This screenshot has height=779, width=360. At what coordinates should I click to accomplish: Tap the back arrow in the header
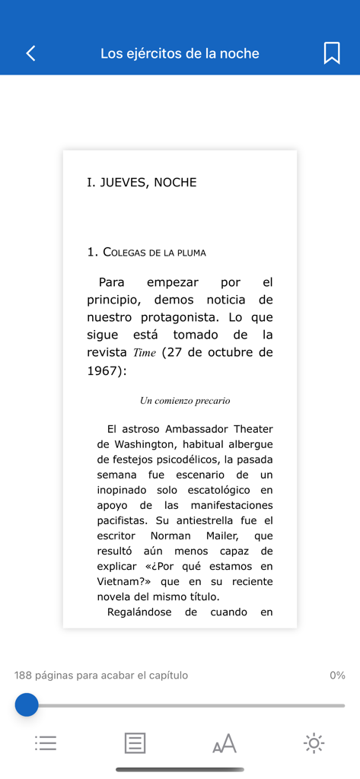[30, 53]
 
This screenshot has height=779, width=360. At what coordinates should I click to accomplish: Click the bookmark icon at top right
[331, 53]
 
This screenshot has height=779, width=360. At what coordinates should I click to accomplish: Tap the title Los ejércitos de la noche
[180, 53]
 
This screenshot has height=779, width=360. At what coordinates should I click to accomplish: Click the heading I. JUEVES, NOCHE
[142, 183]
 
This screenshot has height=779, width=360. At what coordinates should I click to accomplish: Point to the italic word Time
[145, 353]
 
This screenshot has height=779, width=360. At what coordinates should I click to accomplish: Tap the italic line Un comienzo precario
[185, 401]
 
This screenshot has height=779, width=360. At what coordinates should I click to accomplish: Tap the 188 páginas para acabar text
[101, 676]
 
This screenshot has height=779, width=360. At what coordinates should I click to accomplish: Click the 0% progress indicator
[337, 676]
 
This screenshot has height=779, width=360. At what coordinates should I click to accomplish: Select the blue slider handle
[27, 705]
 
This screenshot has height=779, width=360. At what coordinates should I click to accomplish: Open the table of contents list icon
[46, 743]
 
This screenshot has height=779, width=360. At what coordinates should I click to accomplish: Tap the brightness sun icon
[314, 743]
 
